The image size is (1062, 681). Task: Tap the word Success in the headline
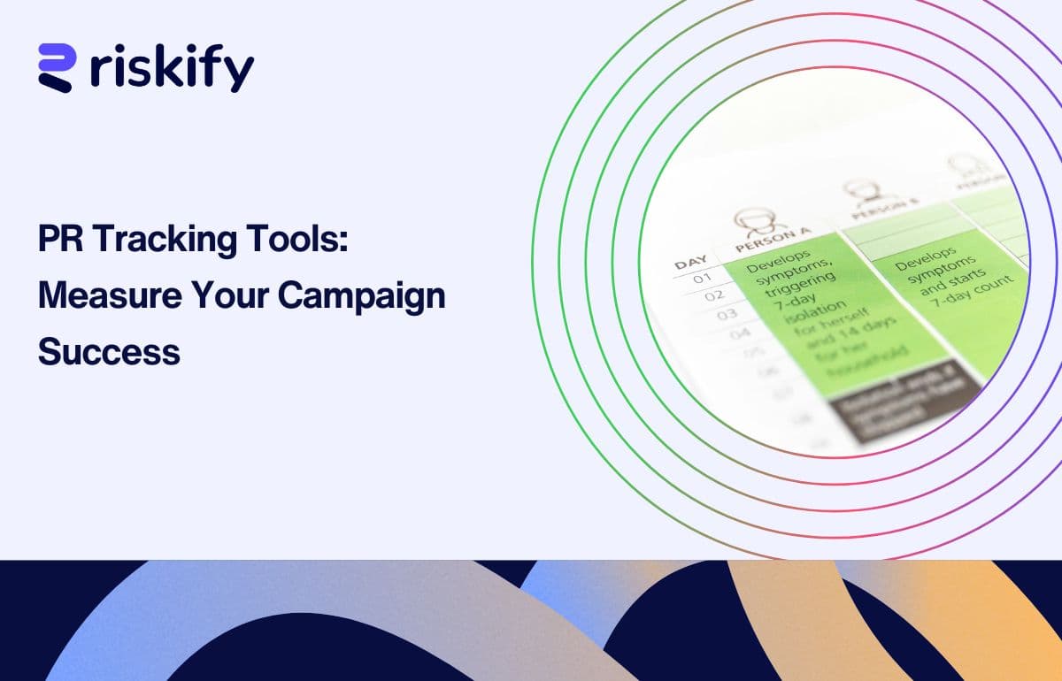(x=109, y=352)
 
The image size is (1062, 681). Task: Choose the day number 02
(x=713, y=296)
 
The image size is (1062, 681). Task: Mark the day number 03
(x=727, y=314)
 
